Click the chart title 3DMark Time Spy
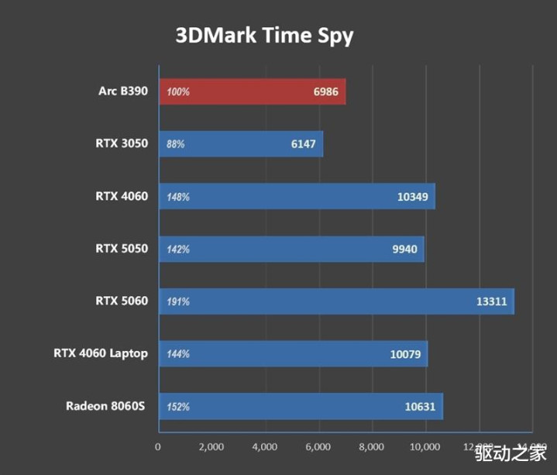265,36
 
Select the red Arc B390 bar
252,91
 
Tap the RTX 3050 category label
122,144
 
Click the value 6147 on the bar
302,144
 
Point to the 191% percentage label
178,301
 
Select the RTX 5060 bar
336,301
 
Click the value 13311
491,301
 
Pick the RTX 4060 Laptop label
101,353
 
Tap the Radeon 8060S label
107,406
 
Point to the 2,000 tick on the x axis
211,447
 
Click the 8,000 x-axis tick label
372,447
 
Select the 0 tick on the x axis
158,447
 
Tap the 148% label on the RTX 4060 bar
178,197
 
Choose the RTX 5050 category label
122,249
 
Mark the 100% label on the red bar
178,91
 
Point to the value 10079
406,354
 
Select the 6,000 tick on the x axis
318,447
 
